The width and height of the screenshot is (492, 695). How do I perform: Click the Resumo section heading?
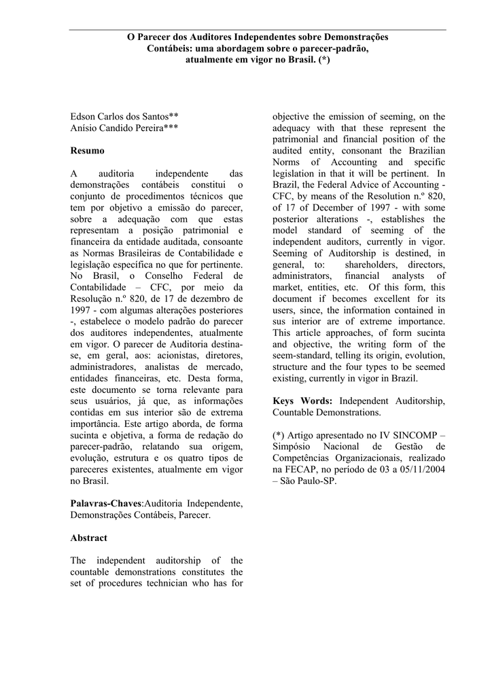coord(88,150)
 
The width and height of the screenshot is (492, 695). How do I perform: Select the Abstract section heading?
coord(89,538)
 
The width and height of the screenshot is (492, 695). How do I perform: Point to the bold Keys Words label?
coord(303,400)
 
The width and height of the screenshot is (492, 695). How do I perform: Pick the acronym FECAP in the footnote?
coord(304,469)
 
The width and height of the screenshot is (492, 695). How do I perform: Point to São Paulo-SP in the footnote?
coord(310,481)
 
